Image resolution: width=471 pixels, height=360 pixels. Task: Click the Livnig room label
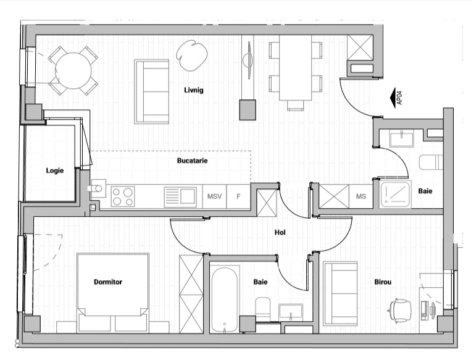[x=194, y=90]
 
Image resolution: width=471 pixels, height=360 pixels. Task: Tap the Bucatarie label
[x=192, y=161]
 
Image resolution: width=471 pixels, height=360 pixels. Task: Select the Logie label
[x=55, y=170]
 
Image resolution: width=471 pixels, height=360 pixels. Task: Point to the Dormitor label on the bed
[x=108, y=282]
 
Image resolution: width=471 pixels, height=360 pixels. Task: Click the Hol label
[x=280, y=232]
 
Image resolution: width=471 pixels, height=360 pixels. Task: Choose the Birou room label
[x=383, y=282]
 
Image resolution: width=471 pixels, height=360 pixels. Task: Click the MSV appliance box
[x=214, y=196]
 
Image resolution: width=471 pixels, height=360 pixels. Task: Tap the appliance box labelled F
[x=238, y=196]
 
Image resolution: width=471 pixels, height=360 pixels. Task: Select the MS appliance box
[x=361, y=196]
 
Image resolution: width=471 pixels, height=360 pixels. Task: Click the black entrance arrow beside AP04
[x=393, y=98]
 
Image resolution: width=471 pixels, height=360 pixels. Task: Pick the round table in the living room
[x=73, y=70]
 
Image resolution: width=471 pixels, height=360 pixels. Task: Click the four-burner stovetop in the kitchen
[x=123, y=196]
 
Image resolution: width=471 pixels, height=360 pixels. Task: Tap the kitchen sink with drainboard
[x=180, y=197]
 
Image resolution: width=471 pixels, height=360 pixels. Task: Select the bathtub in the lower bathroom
[x=224, y=299]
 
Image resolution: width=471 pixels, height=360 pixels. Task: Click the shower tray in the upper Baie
[x=396, y=195]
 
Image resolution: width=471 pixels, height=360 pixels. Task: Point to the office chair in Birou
[x=400, y=311]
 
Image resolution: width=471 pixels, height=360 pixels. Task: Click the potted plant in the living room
[x=191, y=56]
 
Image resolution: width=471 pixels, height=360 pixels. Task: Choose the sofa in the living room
[x=152, y=91]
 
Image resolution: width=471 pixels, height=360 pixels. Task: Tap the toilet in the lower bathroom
[x=263, y=306]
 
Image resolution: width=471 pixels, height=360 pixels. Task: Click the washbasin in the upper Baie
[x=402, y=138]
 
